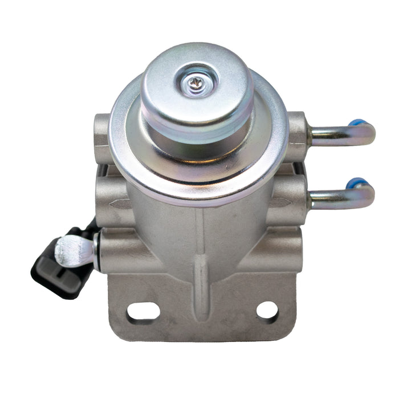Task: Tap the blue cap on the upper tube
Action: pyautogui.click(x=356, y=123)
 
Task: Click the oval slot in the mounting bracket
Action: pyautogui.click(x=143, y=311)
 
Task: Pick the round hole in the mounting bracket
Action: pyautogui.click(x=267, y=311)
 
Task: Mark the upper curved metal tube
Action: pyautogui.click(x=342, y=135)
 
